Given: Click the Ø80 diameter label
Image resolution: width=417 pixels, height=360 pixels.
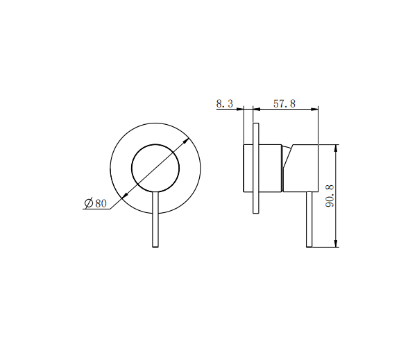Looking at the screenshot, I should point(96,203).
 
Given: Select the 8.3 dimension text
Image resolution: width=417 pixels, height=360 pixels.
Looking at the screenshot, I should point(224,103).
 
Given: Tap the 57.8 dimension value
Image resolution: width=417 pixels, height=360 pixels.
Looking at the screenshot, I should point(284,103).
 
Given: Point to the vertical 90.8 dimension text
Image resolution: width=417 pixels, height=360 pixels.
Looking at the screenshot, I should point(330,196).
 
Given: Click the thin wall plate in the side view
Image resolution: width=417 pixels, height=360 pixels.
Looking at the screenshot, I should point(256,169).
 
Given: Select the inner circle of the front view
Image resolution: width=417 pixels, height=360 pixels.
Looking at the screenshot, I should point(155,167).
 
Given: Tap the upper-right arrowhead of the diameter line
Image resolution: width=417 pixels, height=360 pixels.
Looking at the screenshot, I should point(189,139).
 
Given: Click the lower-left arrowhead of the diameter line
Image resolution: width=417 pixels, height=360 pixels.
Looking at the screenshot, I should point(121,199).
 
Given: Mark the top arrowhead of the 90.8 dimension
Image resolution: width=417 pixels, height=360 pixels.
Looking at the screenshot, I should point(337,147).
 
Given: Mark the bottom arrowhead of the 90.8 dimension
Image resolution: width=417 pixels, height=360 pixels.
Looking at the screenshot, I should point(337,243).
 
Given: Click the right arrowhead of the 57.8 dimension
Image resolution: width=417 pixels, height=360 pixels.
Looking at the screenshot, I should point(315,109).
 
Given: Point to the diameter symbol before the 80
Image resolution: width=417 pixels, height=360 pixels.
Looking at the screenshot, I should point(88,203).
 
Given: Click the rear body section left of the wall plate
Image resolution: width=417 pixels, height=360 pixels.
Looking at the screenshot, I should point(248,168).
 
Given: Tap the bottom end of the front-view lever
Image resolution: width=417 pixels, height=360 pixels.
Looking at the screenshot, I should point(155,246).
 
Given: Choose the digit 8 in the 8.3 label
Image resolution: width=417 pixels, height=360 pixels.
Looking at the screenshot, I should point(219,103).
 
